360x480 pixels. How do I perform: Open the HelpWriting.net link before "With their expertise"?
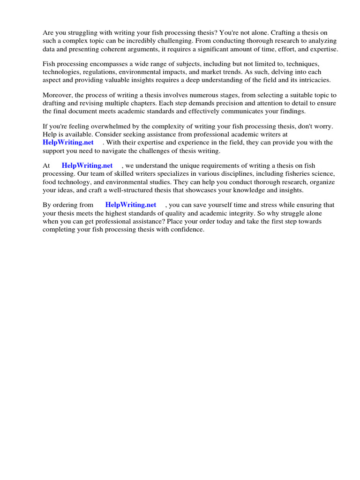pyautogui.click(x=68, y=142)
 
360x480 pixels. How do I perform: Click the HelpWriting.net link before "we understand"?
pyautogui.click(x=87, y=165)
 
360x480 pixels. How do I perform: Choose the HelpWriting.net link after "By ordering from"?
pyautogui.click(x=131, y=205)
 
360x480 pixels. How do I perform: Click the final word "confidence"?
pyautogui.click(x=187, y=230)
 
